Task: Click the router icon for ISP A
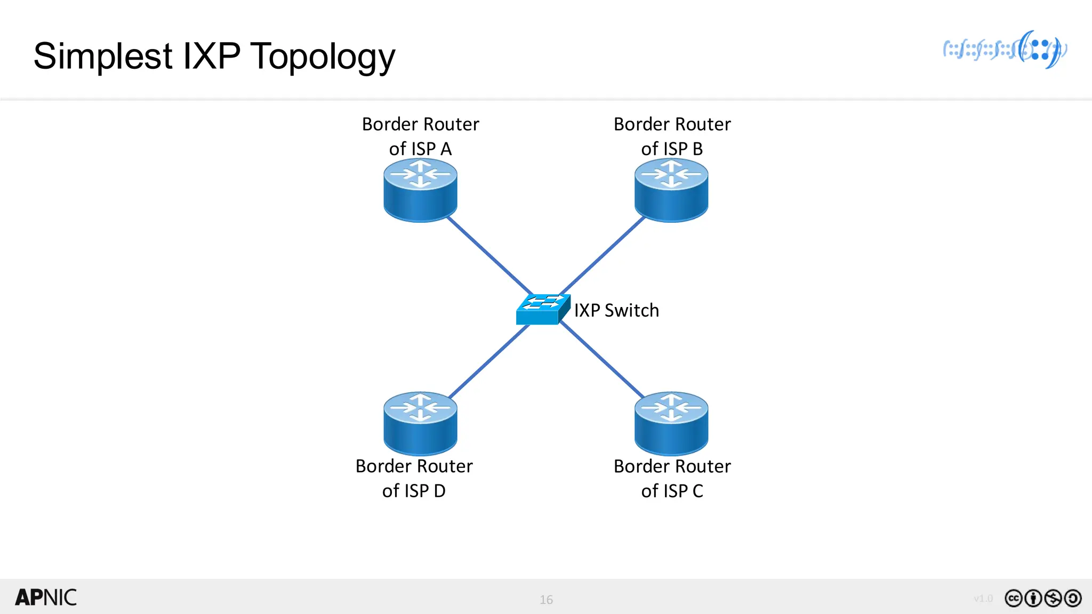coord(420,191)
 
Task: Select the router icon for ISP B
coord(671,191)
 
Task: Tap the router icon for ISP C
coord(671,423)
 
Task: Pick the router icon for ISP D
coord(420,423)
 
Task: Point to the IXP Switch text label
coord(616,310)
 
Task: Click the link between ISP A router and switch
coord(489,255)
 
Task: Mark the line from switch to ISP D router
coord(489,360)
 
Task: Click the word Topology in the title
coord(323,56)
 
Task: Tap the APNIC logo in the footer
coord(46,597)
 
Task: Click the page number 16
coord(546,600)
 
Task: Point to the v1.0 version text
coord(983,599)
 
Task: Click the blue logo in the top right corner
coord(1005,50)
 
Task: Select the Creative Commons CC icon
coord(1013,599)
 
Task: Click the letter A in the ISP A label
coord(446,149)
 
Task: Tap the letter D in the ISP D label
coord(439,491)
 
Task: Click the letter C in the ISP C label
coord(697,491)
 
